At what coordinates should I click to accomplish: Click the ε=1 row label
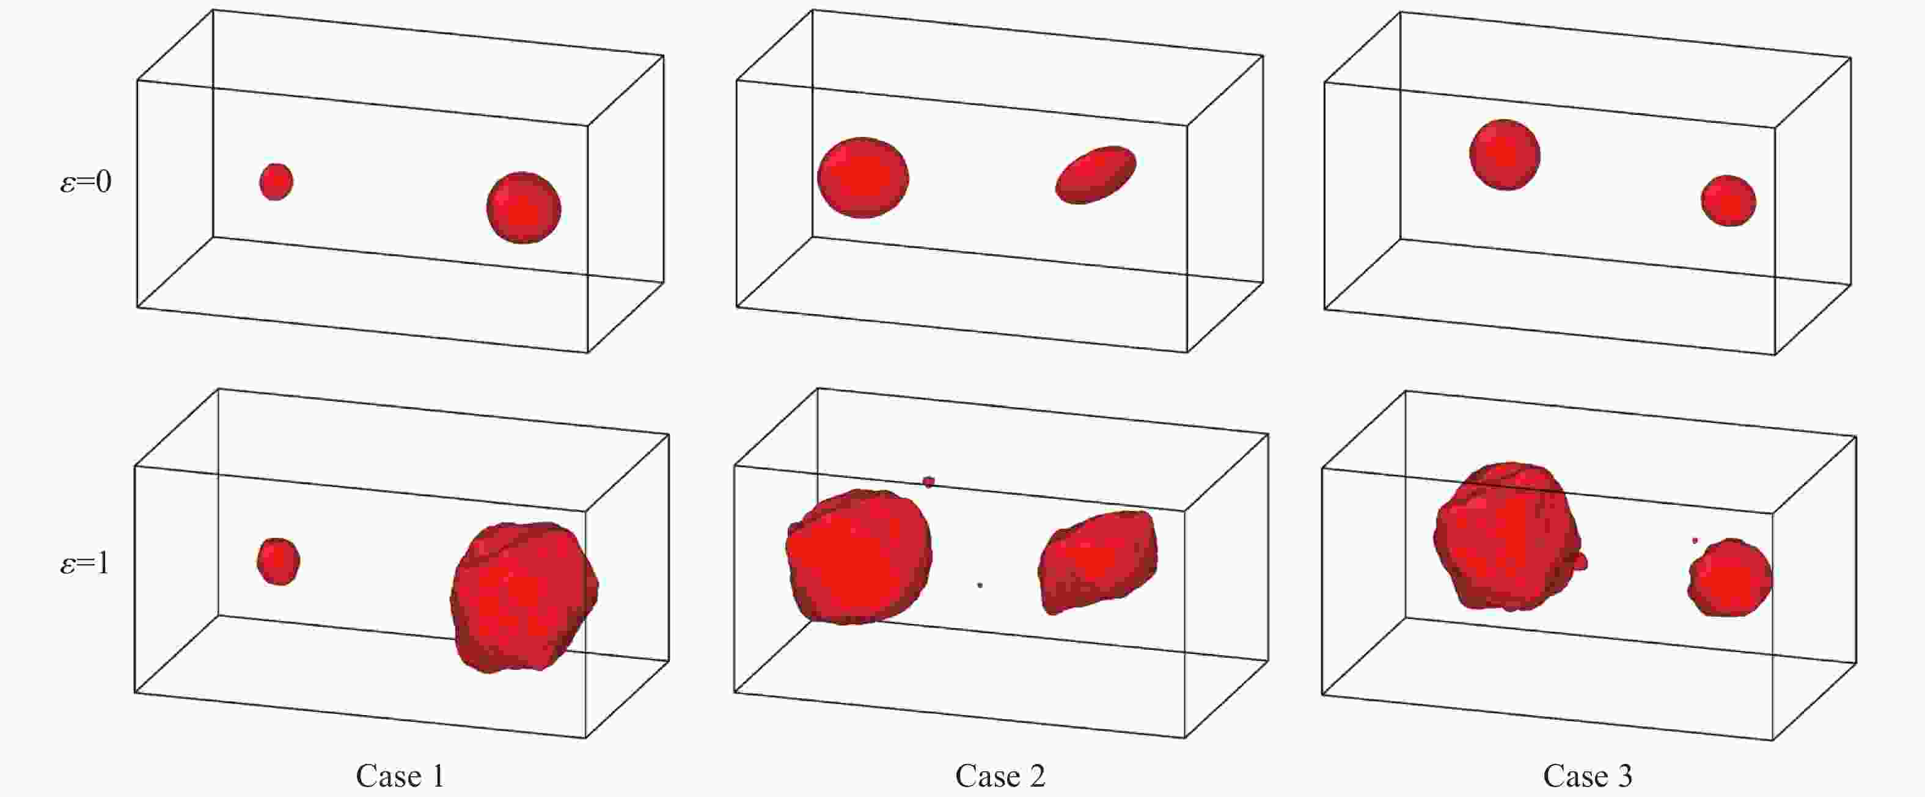84,562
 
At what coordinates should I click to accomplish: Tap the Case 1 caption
400,776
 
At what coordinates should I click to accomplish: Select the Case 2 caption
1000,776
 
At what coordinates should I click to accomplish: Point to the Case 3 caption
1588,776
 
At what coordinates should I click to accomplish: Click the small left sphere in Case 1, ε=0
276,182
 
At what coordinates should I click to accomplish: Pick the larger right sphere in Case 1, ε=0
524,208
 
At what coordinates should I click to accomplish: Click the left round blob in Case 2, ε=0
863,178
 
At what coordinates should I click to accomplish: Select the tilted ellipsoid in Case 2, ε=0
1096,175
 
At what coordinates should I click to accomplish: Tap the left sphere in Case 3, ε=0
1505,155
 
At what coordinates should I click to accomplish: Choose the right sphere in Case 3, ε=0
1728,200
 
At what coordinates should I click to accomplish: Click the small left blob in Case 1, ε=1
279,562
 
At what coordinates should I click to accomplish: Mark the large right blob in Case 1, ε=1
524,597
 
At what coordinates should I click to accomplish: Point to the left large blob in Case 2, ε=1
859,557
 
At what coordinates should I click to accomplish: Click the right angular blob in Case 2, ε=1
1098,562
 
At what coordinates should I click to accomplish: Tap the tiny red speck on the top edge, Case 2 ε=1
929,482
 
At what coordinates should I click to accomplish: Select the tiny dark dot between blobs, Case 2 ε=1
980,585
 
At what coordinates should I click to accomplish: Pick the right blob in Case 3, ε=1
1730,577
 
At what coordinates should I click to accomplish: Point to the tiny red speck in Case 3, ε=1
1695,540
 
